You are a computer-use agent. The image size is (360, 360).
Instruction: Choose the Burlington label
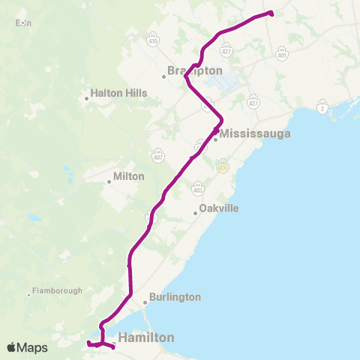coord(176,297)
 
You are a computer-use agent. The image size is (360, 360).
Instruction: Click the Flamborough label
coord(55,290)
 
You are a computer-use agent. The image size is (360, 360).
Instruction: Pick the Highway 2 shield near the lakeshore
coord(323,109)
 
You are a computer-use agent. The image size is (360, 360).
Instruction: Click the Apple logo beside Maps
coord(11,347)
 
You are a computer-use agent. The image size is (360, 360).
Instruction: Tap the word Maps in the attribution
coord(33,347)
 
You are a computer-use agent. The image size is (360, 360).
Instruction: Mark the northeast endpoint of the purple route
coord(271,13)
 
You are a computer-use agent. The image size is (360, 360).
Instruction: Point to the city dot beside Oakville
coord(195,213)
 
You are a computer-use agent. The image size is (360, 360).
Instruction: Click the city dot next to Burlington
coord(145,302)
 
